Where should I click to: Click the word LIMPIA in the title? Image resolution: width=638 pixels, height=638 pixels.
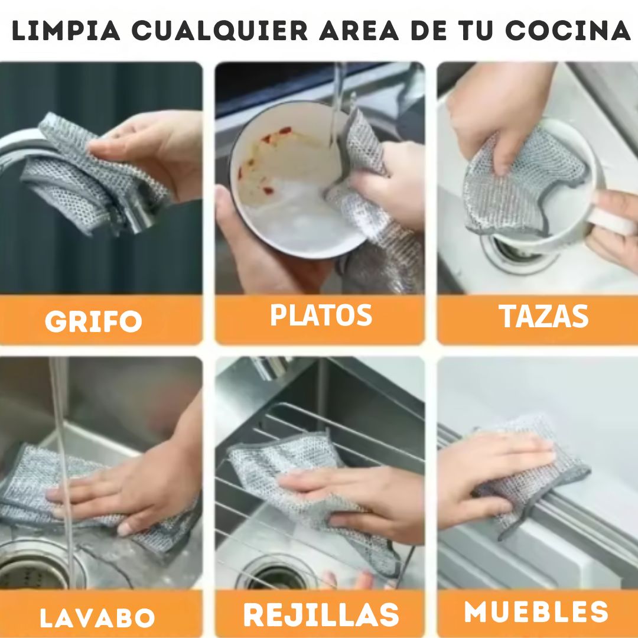[x=66, y=31]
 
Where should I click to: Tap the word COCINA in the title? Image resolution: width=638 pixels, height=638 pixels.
[x=568, y=31]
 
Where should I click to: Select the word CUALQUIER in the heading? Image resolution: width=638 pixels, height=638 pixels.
[x=220, y=31]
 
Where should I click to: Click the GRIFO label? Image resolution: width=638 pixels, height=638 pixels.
[x=93, y=321]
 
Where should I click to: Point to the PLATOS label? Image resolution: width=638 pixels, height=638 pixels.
[x=321, y=315]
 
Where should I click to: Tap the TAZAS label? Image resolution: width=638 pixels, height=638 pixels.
[x=543, y=316]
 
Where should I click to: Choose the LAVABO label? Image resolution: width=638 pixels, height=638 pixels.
[x=97, y=618]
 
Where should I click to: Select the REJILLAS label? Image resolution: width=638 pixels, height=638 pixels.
[x=321, y=614]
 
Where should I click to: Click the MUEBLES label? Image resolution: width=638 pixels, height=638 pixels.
[x=536, y=611]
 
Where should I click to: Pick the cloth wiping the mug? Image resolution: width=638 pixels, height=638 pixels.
[x=525, y=183]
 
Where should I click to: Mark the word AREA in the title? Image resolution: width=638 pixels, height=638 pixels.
[x=359, y=31]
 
